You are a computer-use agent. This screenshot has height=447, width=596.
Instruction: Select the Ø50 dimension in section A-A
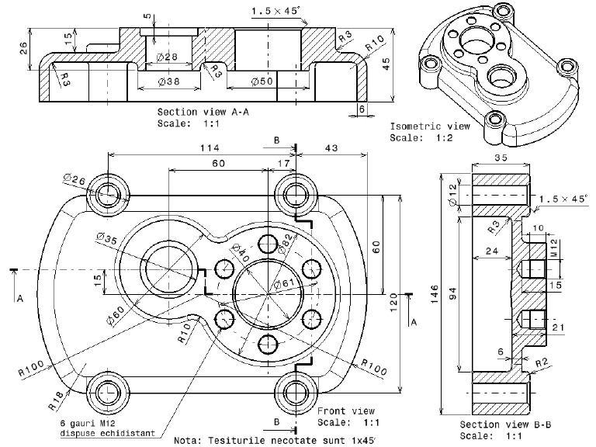tap(262, 81)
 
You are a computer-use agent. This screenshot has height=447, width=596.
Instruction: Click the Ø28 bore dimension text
tap(167, 57)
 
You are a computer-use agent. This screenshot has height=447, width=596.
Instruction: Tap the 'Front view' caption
tap(345, 411)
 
